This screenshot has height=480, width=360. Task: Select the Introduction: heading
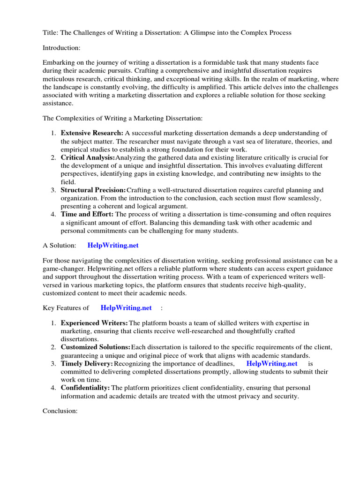pyautogui.click(x=61, y=48)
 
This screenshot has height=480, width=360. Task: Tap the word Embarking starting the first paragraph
pyautogui.click(x=60, y=63)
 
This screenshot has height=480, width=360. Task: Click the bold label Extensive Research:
pyautogui.click(x=92, y=133)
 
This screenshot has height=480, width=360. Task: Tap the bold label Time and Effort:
pyautogui.click(x=87, y=214)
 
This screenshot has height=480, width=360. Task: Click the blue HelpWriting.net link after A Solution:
pyautogui.click(x=113, y=246)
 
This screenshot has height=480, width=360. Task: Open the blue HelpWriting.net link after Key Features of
pyautogui.click(x=126, y=308)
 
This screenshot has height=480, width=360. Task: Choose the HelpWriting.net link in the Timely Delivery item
pyautogui.click(x=272, y=363)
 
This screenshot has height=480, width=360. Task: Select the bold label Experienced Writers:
pyautogui.click(x=94, y=323)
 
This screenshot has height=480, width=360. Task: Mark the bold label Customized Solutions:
pyautogui.click(x=96, y=347)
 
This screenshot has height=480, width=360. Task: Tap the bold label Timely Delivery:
pyautogui.click(x=87, y=363)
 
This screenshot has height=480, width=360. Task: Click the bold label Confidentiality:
pyautogui.click(x=85, y=388)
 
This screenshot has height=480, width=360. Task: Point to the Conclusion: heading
pyautogui.click(x=60, y=411)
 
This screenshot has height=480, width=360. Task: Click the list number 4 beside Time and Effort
pyautogui.click(x=53, y=214)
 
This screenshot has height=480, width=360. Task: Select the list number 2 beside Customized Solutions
pyautogui.click(x=53, y=347)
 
